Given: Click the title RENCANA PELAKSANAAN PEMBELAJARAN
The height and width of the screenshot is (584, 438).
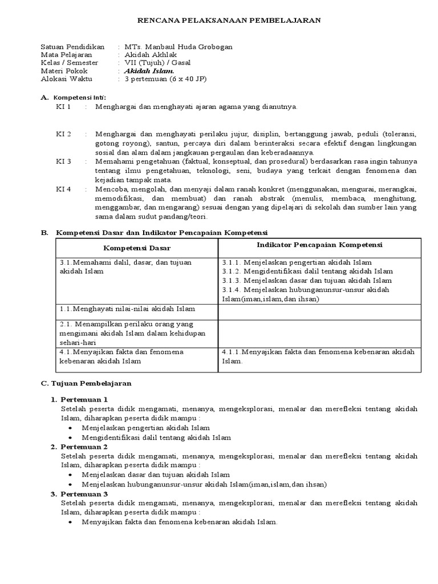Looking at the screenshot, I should [x=230, y=20].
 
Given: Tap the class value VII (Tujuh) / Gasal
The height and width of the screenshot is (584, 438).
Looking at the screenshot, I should [x=158, y=63].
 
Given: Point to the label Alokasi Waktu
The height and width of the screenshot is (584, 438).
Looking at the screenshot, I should [x=66, y=79].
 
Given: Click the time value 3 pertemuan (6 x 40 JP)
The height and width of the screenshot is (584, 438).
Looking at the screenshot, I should [x=165, y=79].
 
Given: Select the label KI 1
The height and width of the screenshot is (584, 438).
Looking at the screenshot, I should [x=63, y=107].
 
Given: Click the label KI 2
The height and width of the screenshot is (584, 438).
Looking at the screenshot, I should [x=63, y=134].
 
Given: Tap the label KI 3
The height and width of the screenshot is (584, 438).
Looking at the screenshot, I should [x=63, y=161].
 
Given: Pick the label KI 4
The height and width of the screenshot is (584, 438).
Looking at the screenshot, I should [x=63, y=189].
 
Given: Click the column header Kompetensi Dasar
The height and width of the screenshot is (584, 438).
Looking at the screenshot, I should [x=137, y=248].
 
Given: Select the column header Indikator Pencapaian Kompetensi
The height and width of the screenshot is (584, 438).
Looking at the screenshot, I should [x=319, y=245].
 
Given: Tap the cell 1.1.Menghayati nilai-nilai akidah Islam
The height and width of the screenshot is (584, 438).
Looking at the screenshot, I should [x=127, y=309].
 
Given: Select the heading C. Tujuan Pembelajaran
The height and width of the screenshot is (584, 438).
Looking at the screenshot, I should [x=86, y=383].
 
